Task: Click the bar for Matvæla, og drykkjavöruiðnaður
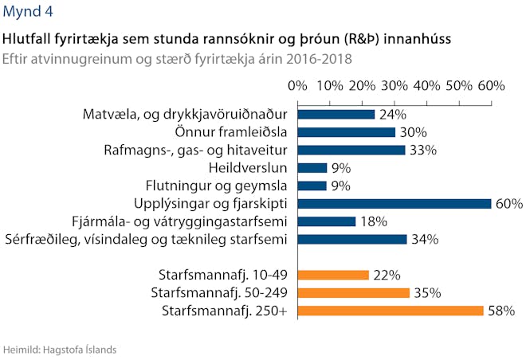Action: point(336,115)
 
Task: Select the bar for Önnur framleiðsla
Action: point(346,132)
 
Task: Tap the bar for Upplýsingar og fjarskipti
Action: point(394,203)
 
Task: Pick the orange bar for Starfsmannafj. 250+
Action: point(391,311)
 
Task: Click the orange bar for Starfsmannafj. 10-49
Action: point(333,275)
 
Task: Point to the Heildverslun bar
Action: point(312,167)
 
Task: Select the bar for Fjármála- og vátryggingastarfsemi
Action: point(327,221)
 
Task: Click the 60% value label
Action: point(509,204)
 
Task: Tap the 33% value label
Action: point(423,151)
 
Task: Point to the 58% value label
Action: point(501,311)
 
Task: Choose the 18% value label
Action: point(374,221)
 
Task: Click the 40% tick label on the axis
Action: point(426,86)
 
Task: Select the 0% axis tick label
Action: point(297,86)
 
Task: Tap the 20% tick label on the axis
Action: point(362,86)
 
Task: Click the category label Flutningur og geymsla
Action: point(216,186)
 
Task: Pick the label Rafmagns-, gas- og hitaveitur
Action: point(195,150)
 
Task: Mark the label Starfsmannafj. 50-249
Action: point(219,293)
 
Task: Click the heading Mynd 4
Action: point(28,11)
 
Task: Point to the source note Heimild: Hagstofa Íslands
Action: point(60,350)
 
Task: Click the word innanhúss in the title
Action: point(418,39)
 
